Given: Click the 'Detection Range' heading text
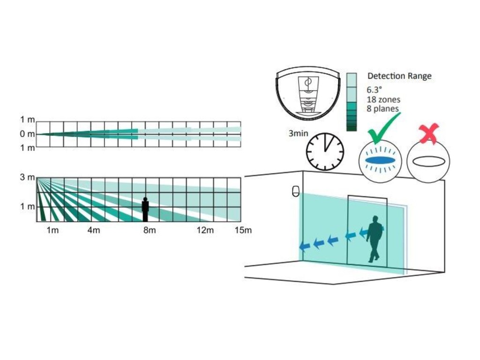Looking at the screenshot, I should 399,76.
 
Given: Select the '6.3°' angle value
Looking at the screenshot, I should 375,90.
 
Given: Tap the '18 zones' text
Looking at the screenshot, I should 383,99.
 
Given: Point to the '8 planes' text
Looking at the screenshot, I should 383,109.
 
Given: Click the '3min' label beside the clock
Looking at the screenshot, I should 298,134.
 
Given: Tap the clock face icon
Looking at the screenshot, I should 325,151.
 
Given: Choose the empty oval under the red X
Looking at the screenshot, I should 428,161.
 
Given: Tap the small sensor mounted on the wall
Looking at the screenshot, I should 295,191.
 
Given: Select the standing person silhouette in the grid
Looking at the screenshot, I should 145,209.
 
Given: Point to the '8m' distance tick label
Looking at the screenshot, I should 150,231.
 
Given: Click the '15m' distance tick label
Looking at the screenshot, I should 243,231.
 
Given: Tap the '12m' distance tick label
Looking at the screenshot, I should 205,231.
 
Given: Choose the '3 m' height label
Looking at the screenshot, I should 27,178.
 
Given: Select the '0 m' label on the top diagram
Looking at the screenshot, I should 27,134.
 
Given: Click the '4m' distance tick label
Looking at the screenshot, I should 94,231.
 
